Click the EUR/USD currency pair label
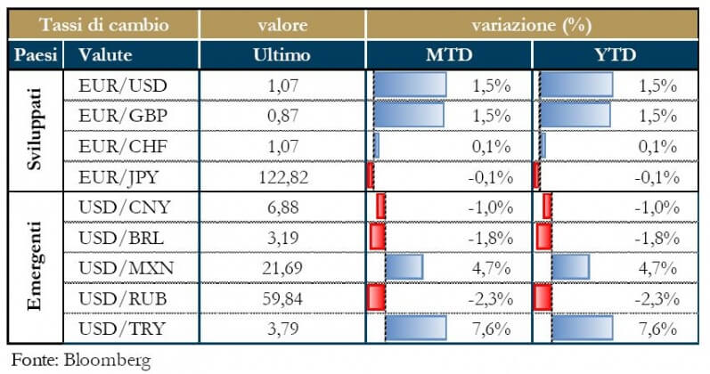coord(117,85)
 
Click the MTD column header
coord(449,55)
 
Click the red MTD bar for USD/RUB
coord(376,297)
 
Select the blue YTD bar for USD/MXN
coord(570,267)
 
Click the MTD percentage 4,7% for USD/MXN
coord(494,267)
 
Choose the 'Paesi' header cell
coord(36,55)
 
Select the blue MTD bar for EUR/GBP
coord(408,116)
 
